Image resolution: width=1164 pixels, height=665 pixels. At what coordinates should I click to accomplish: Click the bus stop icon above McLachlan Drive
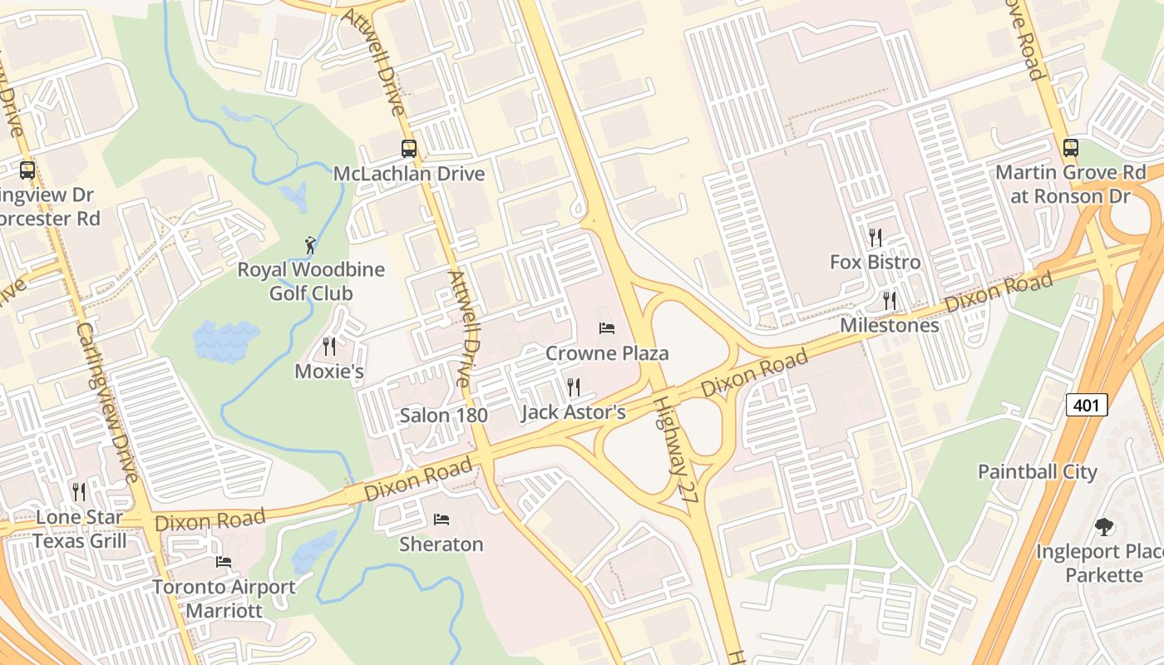click(409, 149)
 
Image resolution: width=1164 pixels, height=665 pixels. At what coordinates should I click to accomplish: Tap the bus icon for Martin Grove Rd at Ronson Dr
click(1071, 148)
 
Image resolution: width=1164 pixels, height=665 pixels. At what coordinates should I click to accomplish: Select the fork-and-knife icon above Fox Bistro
click(875, 238)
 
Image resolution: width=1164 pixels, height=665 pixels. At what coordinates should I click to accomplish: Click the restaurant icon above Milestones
click(889, 300)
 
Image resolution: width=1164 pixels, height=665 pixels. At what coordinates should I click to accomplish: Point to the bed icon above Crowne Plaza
click(607, 328)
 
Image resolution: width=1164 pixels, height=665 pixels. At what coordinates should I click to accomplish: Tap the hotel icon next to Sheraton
click(441, 520)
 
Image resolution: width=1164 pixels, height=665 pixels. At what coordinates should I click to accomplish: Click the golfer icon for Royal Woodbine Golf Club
click(310, 245)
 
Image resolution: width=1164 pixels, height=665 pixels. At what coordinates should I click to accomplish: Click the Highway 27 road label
click(674, 448)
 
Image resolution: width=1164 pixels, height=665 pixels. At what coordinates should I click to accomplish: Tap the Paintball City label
click(1037, 471)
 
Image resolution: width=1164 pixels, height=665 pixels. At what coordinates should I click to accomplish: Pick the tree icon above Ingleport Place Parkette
click(1103, 526)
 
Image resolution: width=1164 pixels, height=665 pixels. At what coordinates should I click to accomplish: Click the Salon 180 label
click(443, 415)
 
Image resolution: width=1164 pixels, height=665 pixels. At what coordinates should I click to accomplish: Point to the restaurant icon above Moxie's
click(329, 346)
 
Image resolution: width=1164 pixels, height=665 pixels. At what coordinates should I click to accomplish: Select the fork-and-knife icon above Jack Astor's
click(573, 387)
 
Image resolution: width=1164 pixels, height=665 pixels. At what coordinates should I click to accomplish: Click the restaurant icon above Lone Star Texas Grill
click(79, 492)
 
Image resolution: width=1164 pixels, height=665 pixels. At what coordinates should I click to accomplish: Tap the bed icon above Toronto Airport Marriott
click(223, 562)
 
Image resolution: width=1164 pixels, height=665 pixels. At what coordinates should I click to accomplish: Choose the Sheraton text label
click(441, 544)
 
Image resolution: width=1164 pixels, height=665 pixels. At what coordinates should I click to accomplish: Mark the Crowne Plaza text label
click(607, 353)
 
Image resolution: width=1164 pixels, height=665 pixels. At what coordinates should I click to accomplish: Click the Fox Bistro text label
click(875, 263)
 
